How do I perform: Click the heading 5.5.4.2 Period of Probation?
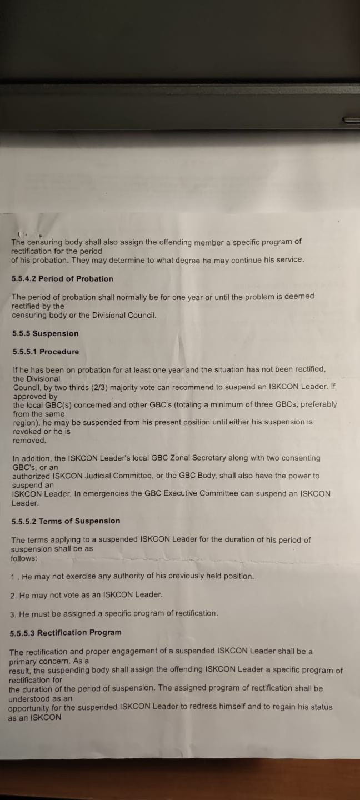tap(62, 279)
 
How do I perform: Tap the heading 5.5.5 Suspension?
tap(45, 333)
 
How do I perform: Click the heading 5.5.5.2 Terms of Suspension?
tap(66, 521)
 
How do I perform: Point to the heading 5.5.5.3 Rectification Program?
tap(66, 633)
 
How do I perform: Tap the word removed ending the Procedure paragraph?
tap(29, 441)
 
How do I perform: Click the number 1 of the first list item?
tap(13, 577)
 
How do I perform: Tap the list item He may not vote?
tap(91, 595)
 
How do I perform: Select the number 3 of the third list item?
tap(12, 613)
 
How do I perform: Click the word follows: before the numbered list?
tap(24, 558)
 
